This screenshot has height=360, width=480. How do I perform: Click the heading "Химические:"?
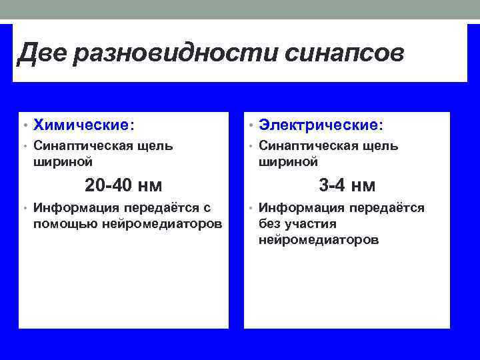coord(83,125)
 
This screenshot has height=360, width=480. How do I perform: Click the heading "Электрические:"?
coord(321,125)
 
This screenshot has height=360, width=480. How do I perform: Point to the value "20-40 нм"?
coord(123,185)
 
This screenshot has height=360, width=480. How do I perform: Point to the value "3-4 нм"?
coord(347,185)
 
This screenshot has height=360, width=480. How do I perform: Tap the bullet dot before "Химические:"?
coord(24,125)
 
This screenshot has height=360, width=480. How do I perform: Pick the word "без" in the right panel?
coord(270,224)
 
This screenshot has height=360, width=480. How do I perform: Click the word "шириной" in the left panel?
coord(63,162)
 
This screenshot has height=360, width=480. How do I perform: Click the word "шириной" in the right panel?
coord(288,162)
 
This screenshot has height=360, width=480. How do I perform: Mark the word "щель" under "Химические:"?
coord(155,146)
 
